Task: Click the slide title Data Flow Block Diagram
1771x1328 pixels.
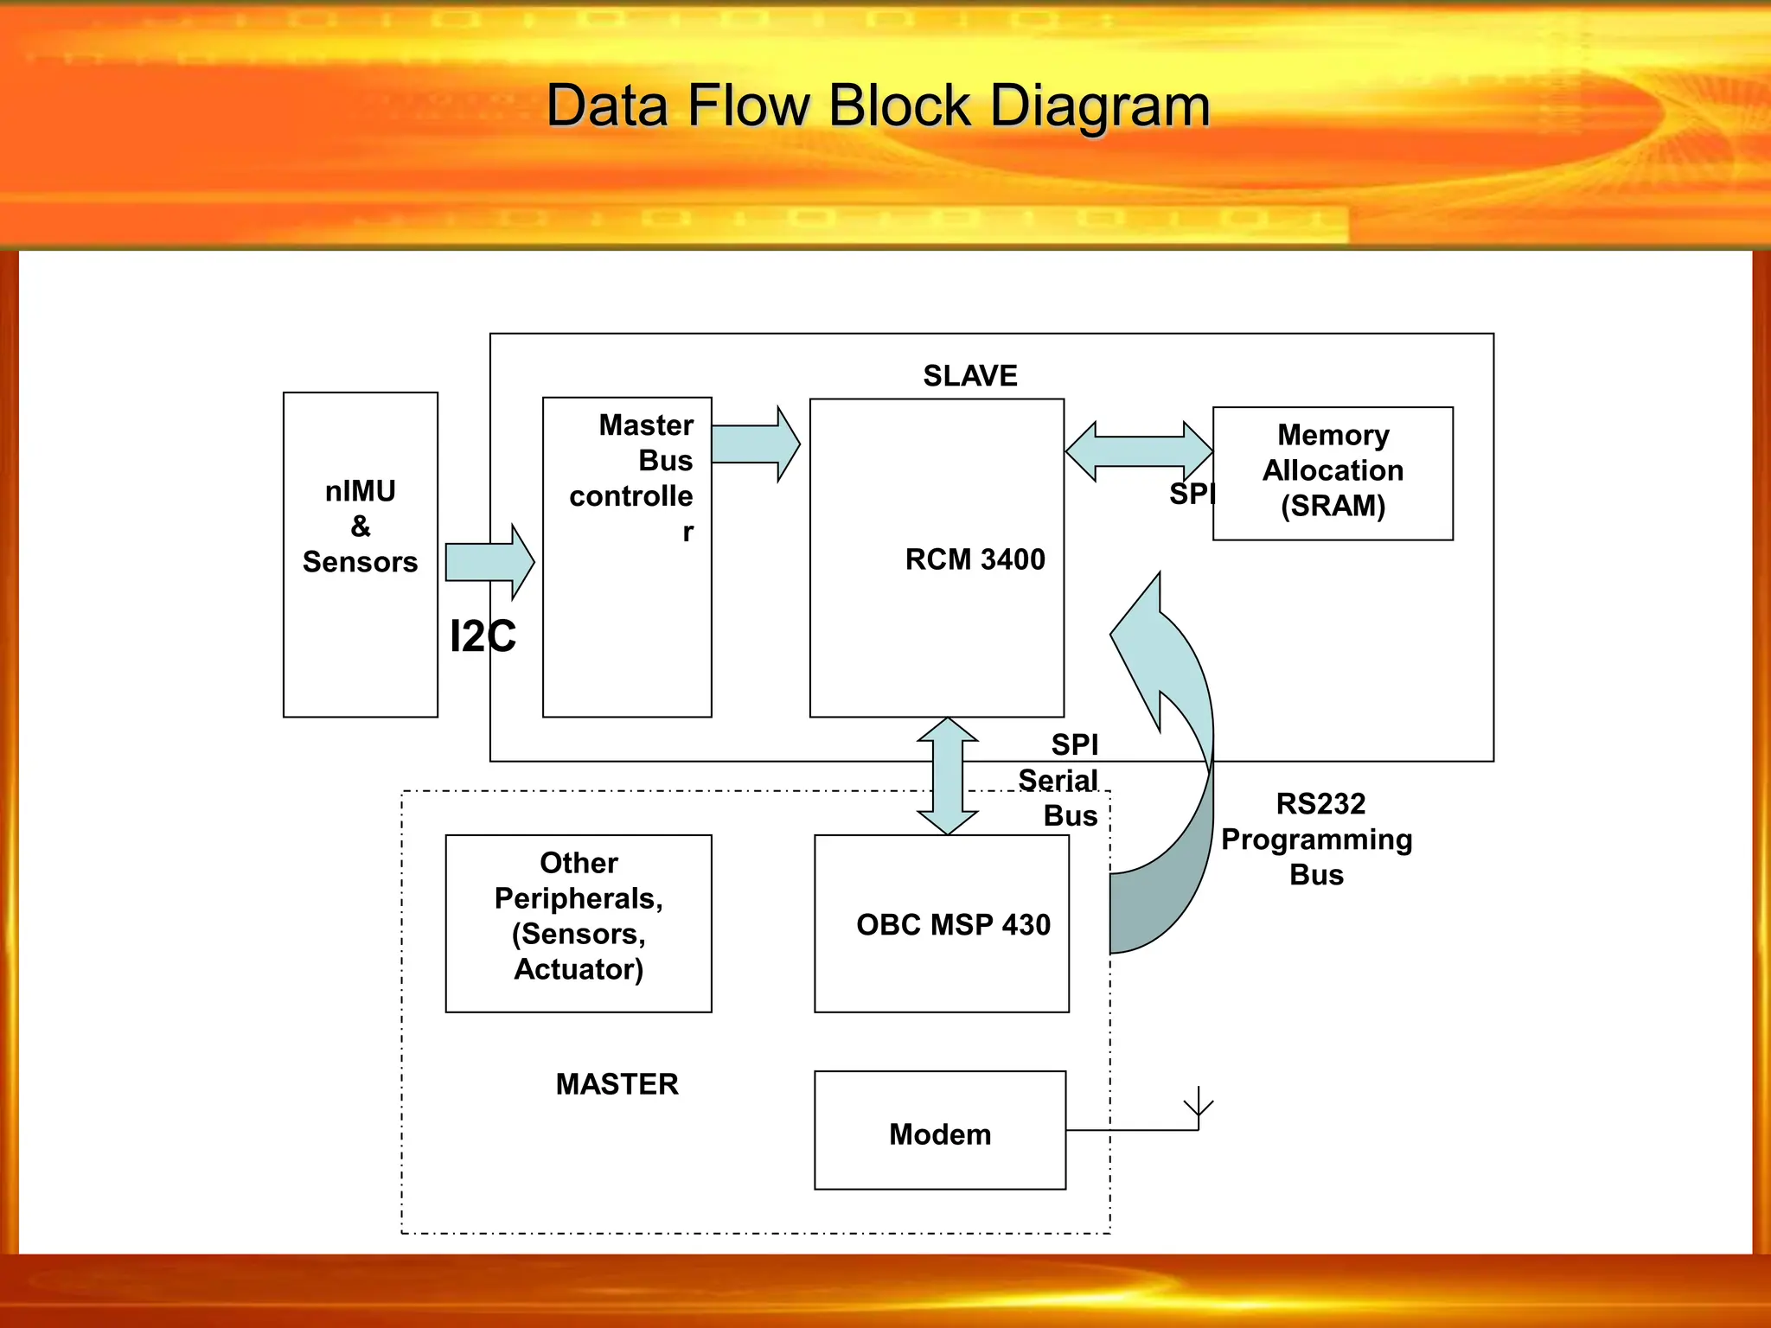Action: point(878,105)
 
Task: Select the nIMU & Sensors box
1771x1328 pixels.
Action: point(360,553)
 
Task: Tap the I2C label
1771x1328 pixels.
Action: point(482,636)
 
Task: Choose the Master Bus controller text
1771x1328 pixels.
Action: point(635,477)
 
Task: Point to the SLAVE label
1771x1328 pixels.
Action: point(969,375)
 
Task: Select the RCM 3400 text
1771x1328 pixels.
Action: point(975,559)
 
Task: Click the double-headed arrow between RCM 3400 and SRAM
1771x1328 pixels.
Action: point(1139,451)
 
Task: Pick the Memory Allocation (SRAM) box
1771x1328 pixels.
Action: point(1333,473)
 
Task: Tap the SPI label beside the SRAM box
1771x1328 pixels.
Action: point(1191,494)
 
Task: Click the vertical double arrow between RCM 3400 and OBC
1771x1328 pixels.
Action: point(948,776)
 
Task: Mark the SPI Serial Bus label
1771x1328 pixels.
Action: point(1061,780)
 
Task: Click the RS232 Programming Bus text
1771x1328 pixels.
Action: point(1316,839)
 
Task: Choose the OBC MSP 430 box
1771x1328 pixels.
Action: point(942,923)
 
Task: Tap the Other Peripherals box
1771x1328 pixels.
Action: point(579,923)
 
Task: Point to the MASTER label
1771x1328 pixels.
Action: point(617,1083)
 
